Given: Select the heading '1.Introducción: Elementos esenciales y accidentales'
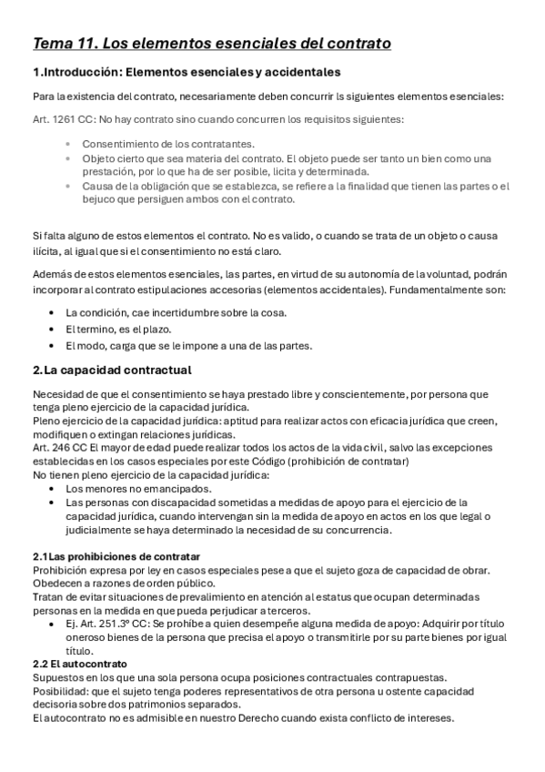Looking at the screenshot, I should coord(187,72).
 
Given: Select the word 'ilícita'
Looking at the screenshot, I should coord(47,251).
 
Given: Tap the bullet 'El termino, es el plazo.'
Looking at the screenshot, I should coord(119,329).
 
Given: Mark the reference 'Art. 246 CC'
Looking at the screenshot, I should coord(60,448).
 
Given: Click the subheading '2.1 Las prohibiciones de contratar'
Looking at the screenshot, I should coord(116,556).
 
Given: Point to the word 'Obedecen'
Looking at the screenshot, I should coord(58,584).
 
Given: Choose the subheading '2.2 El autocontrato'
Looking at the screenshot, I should coord(79,665).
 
